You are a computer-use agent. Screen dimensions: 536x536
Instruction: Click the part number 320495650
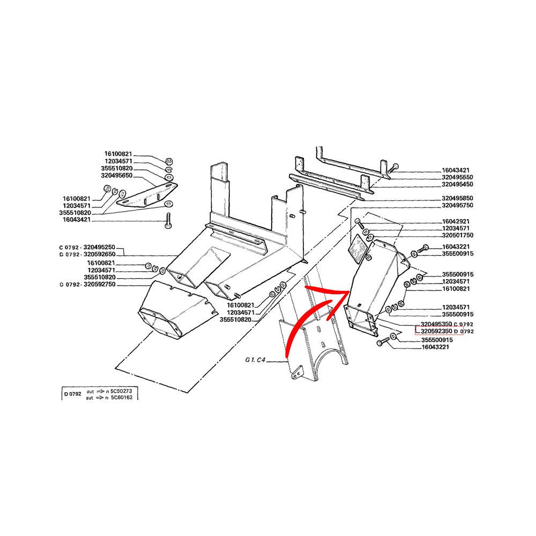(x=116, y=176)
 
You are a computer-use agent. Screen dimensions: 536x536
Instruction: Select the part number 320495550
(x=457, y=177)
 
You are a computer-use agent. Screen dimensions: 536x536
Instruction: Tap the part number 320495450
(x=457, y=184)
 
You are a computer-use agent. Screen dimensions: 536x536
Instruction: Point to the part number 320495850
(x=457, y=198)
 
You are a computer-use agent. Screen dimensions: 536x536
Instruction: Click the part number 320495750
(x=457, y=205)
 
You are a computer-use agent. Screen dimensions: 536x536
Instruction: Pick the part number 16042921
(x=456, y=221)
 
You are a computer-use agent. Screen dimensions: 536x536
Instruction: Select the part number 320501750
(x=457, y=235)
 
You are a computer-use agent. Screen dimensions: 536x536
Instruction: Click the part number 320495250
(x=99, y=247)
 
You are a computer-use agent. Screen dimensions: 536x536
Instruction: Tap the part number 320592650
(x=100, y=254)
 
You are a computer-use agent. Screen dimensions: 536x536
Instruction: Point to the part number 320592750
(x=100, y=285)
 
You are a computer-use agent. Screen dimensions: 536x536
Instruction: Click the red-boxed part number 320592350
(x=436, y=331)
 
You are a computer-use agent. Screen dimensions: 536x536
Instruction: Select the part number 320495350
(x=436, y=324)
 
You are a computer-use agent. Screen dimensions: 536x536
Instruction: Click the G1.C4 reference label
(x=255, y=360)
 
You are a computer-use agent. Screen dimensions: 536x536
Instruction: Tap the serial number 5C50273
(x=121, y=391)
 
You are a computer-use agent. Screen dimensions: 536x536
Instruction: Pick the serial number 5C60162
(x=121, y=398)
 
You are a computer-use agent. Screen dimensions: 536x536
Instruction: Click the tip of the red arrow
(x=348, y=292)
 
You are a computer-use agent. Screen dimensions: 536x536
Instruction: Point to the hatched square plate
(x=357, y=249)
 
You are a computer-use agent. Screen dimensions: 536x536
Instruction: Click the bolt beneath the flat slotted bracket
(x=168, y=220)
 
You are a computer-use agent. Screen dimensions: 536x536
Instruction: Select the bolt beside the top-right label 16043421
(x=393, y=168)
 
